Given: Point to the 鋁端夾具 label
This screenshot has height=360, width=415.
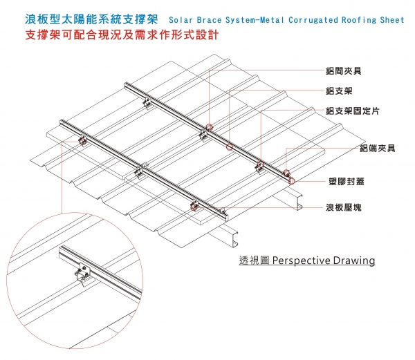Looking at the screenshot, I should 377,149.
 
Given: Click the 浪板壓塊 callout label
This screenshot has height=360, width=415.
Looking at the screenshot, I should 343,207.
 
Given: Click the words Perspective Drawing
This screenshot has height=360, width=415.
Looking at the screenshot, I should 324,260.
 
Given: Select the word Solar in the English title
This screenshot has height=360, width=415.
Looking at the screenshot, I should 181,20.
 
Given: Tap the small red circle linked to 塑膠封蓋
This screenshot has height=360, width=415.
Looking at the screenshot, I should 292,182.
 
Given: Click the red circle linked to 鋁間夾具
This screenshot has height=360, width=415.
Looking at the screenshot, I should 209,126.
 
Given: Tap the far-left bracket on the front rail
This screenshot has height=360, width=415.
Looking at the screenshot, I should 82,141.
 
